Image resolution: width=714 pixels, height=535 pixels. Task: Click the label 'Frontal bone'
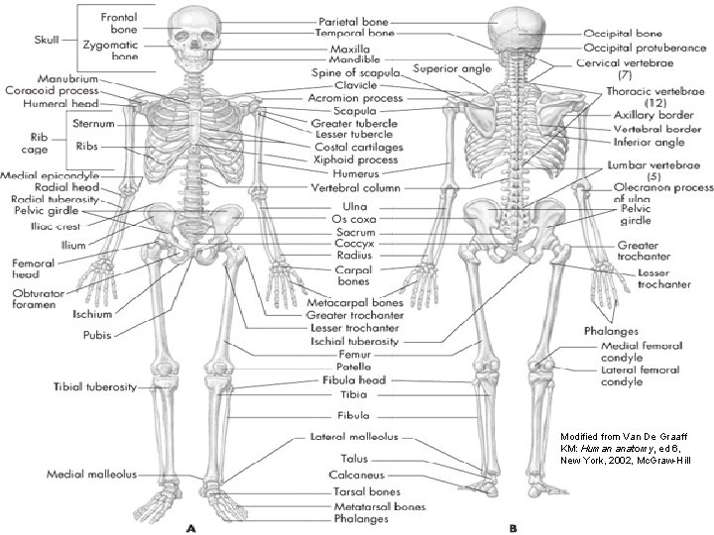117,24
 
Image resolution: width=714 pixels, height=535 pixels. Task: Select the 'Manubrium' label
66,77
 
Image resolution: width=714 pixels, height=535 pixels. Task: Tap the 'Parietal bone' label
353,21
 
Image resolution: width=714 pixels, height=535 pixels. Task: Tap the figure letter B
513,527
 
